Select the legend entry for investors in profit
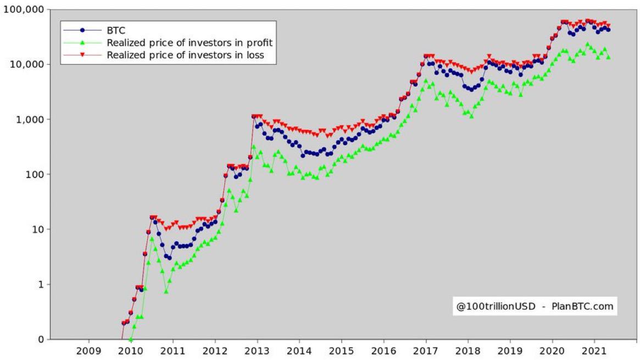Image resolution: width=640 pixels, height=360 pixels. tap(190, 42)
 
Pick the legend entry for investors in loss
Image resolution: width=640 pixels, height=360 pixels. tap(186, 54)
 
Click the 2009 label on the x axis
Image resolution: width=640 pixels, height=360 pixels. tap(88, 350)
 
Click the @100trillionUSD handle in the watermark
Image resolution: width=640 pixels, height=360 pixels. tap(496, 306)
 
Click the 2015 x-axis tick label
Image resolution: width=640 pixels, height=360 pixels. tap(341, 350)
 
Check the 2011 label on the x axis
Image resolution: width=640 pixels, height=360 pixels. tap(172, 350)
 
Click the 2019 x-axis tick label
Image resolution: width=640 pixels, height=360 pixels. tap(510, 350)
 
